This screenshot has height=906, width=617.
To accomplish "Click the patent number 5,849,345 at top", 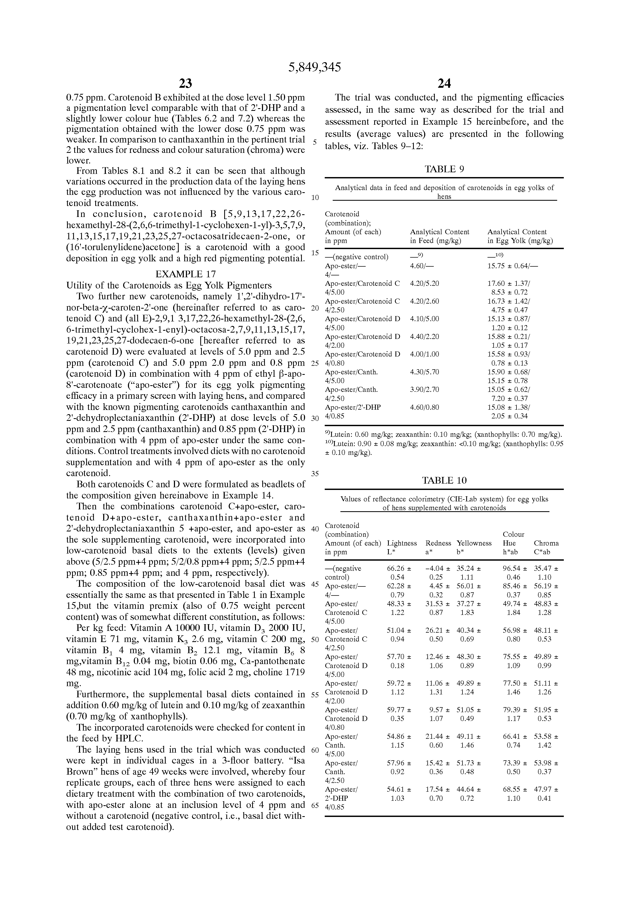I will click(314, 68).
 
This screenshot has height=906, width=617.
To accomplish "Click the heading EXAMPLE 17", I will click(185, 274).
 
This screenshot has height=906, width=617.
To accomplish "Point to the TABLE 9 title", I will click(444, 169).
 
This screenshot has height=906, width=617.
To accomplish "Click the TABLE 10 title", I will click(444, 481).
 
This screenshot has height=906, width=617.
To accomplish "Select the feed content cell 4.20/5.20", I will click(424, 283).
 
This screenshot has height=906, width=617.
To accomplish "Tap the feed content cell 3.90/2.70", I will click(424, 389).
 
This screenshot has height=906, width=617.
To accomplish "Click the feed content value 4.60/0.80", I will click(424, 407).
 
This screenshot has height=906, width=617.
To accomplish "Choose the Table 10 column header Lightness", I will click(402, 543).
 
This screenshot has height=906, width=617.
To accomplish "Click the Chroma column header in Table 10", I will click(546, 543).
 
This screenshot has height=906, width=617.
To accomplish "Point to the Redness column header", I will click(438, 543).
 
